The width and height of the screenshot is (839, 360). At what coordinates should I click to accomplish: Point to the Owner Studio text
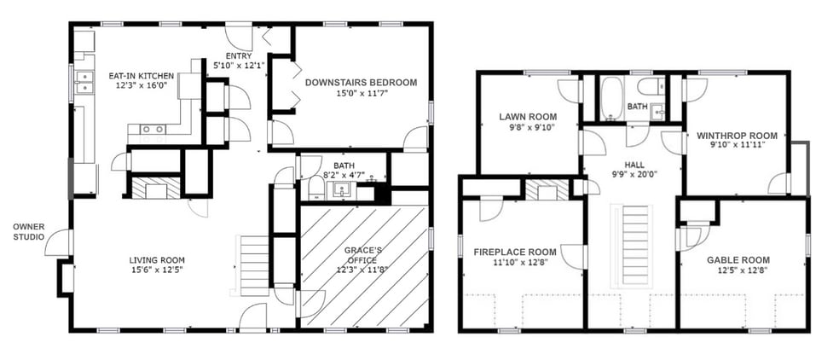[29, 231]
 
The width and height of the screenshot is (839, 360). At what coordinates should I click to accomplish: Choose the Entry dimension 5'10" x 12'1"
[238, 66]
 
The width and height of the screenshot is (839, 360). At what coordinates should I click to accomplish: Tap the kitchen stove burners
[153, 129]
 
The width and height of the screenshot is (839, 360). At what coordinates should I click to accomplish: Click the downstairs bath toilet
[315, 189]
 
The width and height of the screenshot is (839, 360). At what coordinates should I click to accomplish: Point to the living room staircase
[255, 265]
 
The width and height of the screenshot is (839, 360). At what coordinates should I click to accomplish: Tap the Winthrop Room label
[737, 136]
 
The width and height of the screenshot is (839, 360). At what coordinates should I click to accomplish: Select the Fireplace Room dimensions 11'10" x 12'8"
[520, 262]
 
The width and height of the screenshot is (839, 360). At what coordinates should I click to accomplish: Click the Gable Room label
[731, 260]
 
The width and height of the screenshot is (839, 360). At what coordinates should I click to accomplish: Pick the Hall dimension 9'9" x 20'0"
[634, 173]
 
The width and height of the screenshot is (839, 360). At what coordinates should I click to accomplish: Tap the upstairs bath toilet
[654, 86]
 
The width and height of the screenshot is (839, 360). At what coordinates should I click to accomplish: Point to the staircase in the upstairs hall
[634, 246]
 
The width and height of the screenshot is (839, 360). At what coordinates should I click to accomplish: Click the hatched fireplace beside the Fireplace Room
[547, 190]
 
